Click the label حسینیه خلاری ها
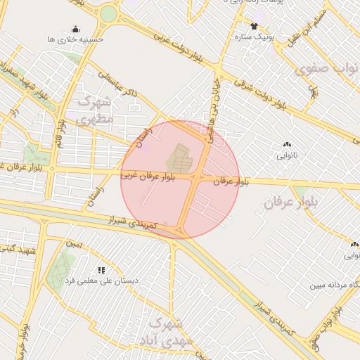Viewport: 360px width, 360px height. tap(75, 40)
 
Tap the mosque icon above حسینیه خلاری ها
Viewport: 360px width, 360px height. tap(75, 29)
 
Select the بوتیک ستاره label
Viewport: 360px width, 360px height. tap(254, 35)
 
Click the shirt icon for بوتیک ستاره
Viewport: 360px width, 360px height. tap(254, 25)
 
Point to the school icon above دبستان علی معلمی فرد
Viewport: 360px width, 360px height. tap(102, 269)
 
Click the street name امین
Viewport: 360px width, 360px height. tap(75, 245)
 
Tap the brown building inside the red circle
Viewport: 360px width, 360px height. tap(179, 158)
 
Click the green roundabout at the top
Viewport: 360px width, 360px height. tap(108, 14)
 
